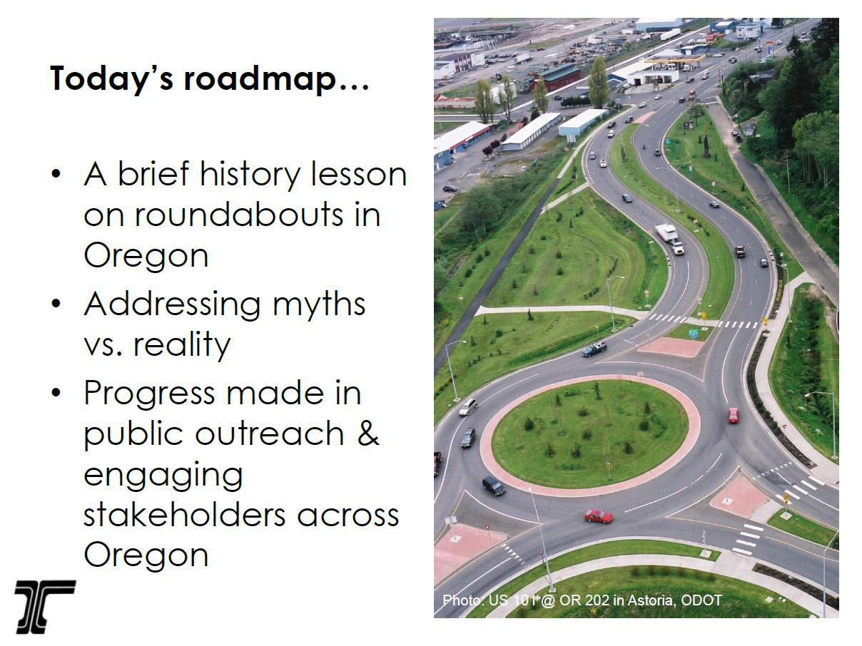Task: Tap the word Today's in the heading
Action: pos(111,78)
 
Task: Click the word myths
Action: pos(319,306)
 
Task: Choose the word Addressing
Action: pos(172,306)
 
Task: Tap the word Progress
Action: pos(150,394)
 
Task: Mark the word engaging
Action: pos(163,476)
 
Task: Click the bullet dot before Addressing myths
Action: pos(56,303)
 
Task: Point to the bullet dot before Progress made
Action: pos(56,392)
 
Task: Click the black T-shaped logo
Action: pos(44,607)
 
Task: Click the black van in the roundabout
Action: pos(493,486)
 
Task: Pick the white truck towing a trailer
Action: pos(670,238)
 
